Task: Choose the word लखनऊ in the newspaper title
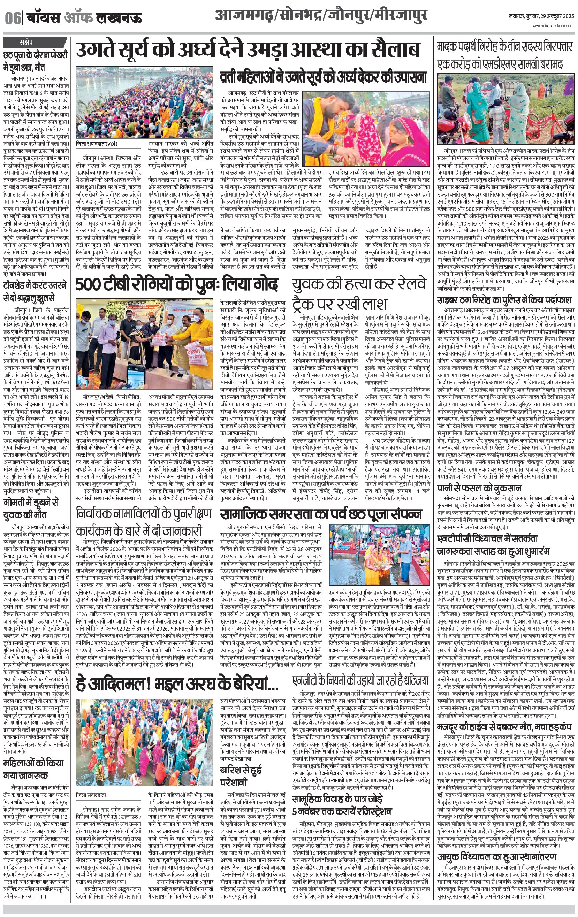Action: tap(119, 18)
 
